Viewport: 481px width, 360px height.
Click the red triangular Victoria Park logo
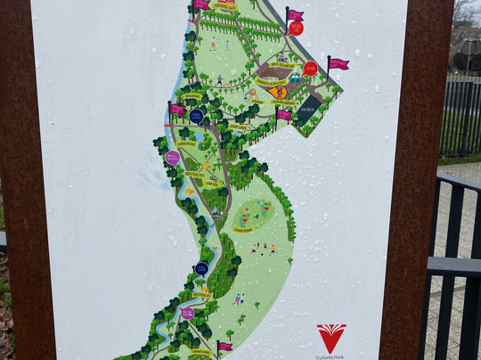(x=331, y=337)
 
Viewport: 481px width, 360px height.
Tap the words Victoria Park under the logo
(x=331, y=356)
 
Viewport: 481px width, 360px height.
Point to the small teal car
(x=295, y=78)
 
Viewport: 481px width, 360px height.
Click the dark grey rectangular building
(x=308, y=110)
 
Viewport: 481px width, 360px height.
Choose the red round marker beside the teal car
(x=310, y=69)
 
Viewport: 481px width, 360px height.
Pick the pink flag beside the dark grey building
(x=283, y=114)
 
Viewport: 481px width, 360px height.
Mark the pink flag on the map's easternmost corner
(x=338, y=64)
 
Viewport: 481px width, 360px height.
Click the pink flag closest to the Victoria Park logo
(x=224, y=347)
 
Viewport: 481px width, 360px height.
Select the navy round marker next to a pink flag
(x=196, y=116)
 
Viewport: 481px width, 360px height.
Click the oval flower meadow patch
(x=252, y=213)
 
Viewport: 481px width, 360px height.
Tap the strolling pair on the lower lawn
(x=239, y=299)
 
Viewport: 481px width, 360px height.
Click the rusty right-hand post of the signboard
(x=415, y=178)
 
